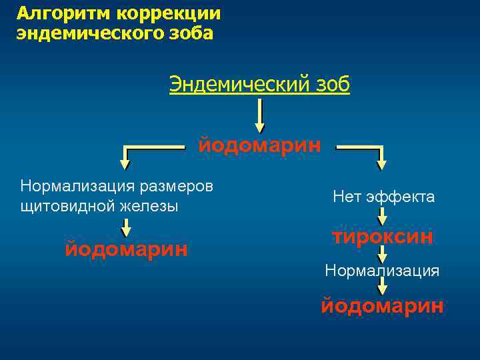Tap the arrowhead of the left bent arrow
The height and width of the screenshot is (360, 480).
coord(125,161)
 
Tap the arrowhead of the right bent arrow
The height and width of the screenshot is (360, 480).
coord(382,162)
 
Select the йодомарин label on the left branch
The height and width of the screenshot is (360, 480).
coord(126,249)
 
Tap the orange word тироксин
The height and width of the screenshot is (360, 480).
coord(383,237)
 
